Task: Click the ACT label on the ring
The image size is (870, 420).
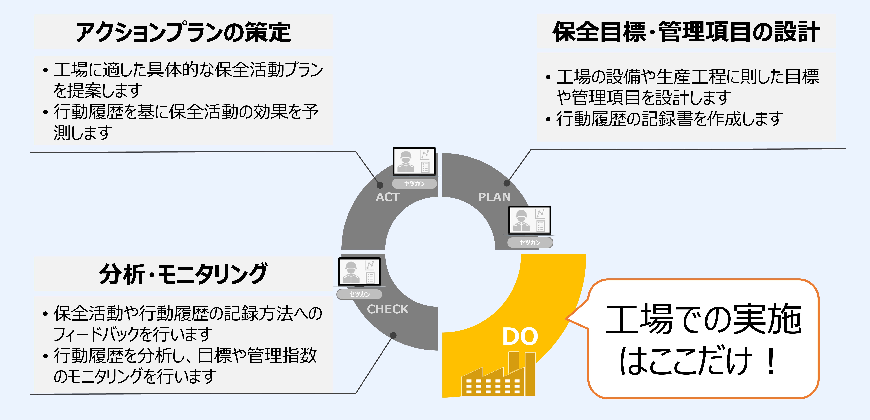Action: (388, 197)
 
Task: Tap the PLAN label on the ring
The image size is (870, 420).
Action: (494, 197)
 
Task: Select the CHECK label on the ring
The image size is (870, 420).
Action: (388, 309)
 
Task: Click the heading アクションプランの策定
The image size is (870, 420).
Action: (183, 32)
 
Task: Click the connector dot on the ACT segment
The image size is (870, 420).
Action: (380, 185)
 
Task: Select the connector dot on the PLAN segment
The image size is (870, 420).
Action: (507, 183)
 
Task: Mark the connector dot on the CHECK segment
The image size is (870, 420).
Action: (393, 335)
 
